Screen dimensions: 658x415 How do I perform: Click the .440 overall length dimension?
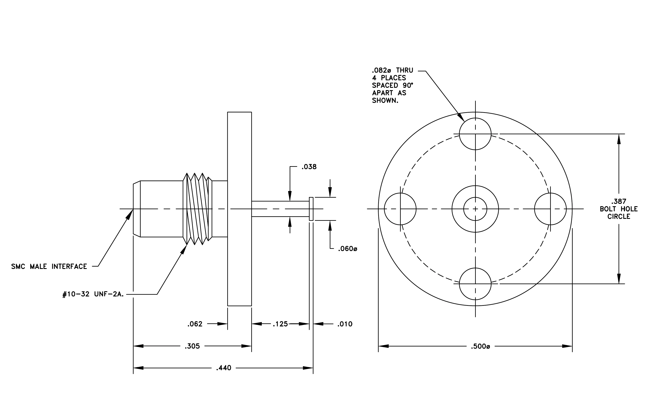[x=224, y=368]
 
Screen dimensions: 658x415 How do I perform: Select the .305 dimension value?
[x=192, y=346]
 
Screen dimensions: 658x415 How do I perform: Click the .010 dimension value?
[x=345, y=324]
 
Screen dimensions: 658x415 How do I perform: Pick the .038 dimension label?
[x=309, y=167]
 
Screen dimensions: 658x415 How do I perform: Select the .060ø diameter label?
[x=348, y=249]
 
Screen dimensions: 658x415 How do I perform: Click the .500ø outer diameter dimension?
[x=480, y=346]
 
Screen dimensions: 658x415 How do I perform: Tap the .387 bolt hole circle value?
[x=619, y=201]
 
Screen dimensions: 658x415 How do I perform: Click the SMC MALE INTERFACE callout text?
[x=49, y=266]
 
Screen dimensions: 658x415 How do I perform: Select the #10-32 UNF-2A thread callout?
[x=93, y=294]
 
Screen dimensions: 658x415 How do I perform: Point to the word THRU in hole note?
[x=405, y=70]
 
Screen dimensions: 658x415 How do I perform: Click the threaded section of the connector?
[x=197, y=209]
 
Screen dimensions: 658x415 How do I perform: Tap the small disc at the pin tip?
[x=311, y=209]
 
